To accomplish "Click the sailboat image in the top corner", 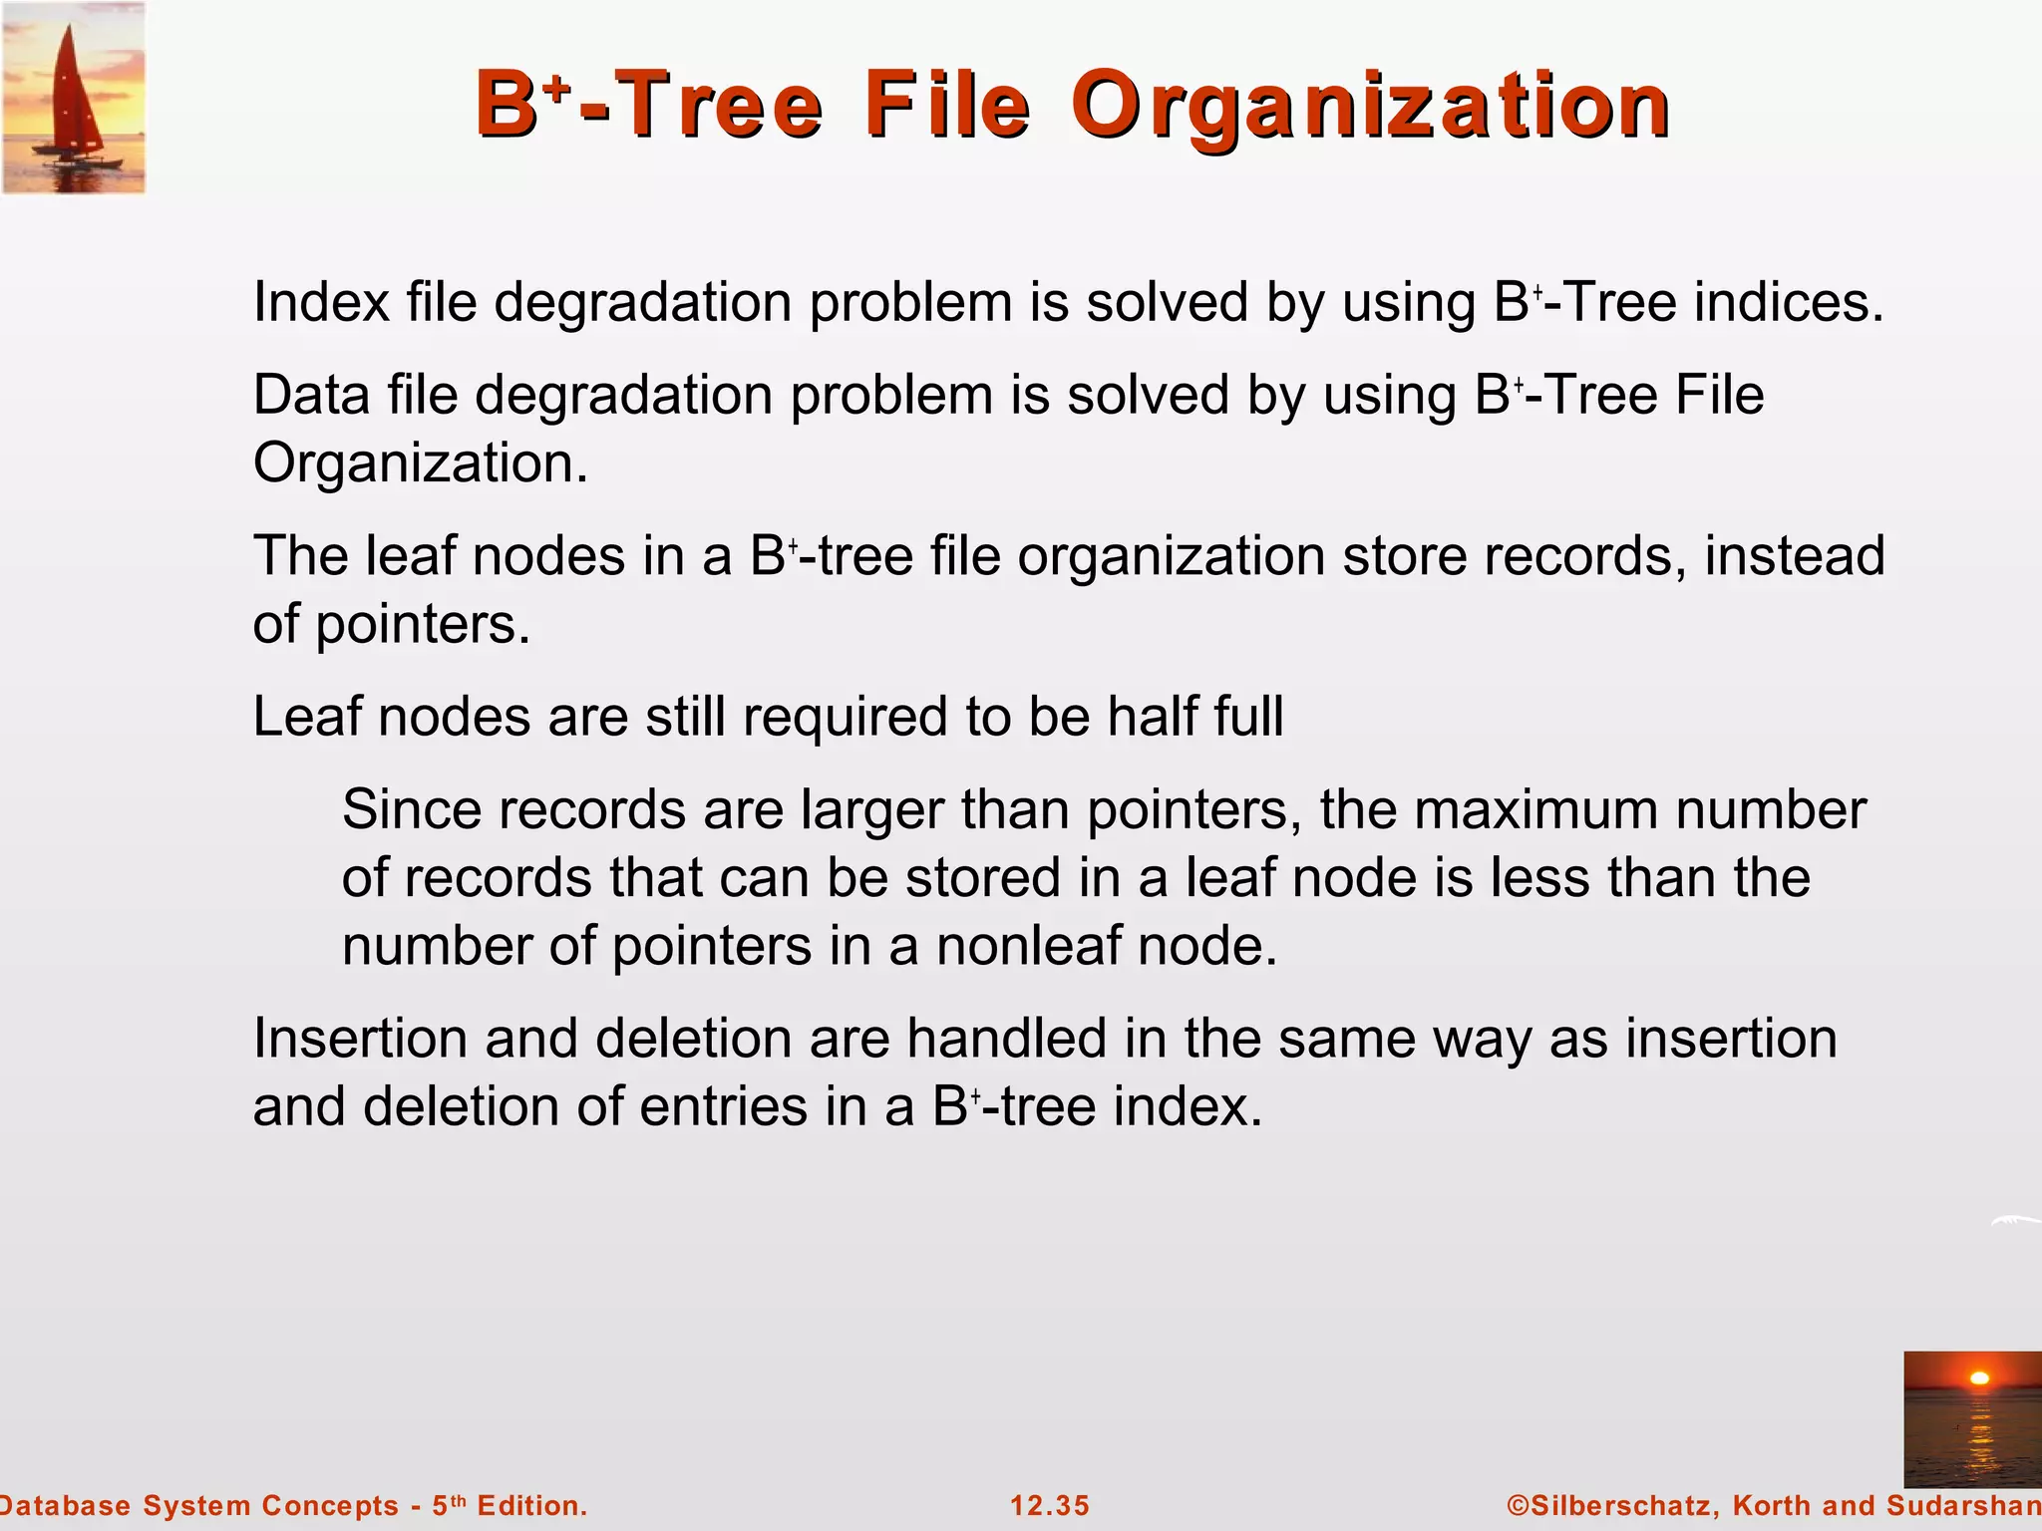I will pos(74,98).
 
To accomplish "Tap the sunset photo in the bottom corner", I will pos(1972,1418).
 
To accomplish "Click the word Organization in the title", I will pos(1370,107).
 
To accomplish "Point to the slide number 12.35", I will pos(1050,1505).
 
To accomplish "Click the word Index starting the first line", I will pos(320,302).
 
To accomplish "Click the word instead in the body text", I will pos(1794,555).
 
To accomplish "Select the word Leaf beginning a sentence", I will pos(306,717).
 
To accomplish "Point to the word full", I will pos(1248,717).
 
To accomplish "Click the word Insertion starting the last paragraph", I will pos(360,1039).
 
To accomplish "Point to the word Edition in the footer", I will pos(531,1505).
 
